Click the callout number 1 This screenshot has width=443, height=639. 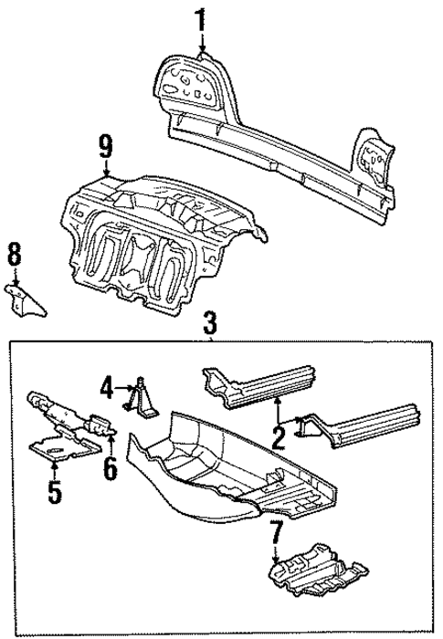[x=199, y=19]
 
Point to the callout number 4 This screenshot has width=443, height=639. [x=108, y=390]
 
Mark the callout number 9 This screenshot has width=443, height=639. [x=106, y=145]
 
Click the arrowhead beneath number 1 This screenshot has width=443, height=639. [x=201, y=53]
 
